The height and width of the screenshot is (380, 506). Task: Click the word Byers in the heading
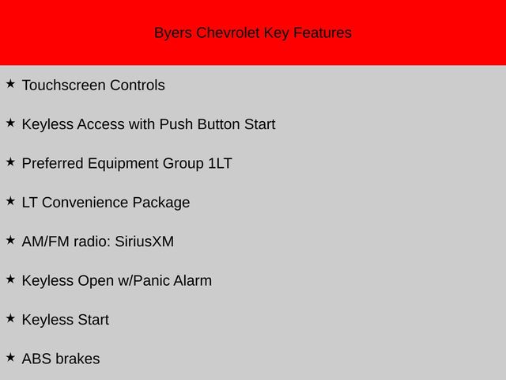pos(173,33)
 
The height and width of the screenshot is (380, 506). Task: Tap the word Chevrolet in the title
pos(228,32)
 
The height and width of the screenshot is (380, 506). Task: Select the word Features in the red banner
pos(323,32)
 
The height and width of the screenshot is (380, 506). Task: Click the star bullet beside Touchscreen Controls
pos(10,84)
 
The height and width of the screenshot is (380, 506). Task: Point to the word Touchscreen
pos(64,85)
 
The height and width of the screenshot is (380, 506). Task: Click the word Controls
pos(138,85)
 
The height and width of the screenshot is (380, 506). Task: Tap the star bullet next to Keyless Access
pos(10,123)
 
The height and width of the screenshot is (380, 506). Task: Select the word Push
pos(176,124)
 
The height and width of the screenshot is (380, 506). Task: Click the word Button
pos(219,124)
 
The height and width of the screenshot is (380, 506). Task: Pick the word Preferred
pos(53,164)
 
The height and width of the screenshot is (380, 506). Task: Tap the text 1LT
pos(220,164)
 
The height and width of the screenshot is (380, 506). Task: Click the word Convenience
pos(85,203)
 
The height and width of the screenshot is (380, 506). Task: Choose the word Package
pos(161,203)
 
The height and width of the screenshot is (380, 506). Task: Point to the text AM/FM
pos(46,241)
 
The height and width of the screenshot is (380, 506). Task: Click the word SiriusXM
pos(144,241)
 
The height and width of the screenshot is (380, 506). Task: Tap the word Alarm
pos(193,281)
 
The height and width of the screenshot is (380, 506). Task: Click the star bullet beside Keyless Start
pos(10,318)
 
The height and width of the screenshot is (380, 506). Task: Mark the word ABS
pos(37,359)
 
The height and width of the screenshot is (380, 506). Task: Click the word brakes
pos(77,359)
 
